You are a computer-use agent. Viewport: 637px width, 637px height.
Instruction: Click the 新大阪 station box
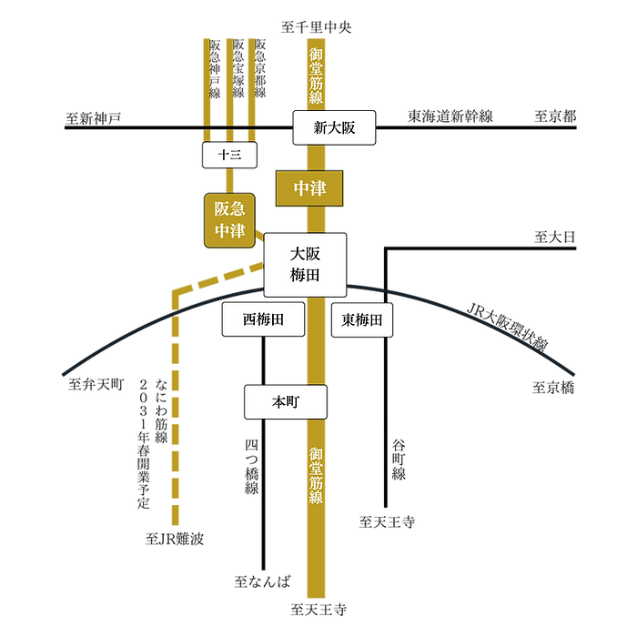pyautogui.click(x=334, y=127)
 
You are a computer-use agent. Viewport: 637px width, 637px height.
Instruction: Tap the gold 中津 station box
pyautogui.click(x=309, y=188)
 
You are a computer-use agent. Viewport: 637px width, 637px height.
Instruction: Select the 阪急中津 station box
pyautogui.click(x=229, y=220)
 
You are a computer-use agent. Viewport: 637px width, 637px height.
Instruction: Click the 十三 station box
pyautogui.click(x=229, y=155)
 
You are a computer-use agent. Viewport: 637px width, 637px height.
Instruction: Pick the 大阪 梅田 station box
pyautogui.click(x=305, y=265)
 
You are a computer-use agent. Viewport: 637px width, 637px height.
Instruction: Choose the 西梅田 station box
pyautogui.click(x=263, y=319)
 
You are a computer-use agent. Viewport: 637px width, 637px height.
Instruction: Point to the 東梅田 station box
pyautogui.click(x=362, y=319)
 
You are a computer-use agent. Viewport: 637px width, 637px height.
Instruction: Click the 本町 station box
pyautogui.click(x=286, y=402)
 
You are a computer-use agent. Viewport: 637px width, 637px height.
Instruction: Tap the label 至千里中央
pyautogui.click(x=316, y=27)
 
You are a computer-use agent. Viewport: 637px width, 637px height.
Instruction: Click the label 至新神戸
pyautogui.click(x=94, y=118)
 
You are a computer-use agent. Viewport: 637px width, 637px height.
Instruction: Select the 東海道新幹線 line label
pyautogui.click(x=450, y=116)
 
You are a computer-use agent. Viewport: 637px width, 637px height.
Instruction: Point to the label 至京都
pyautogui.click(x=555, y=116)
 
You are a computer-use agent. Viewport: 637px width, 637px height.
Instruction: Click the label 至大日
pyautogui.click(x=555, y=237)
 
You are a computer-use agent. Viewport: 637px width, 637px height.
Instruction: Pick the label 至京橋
pyautogui.click(x=553, y=388)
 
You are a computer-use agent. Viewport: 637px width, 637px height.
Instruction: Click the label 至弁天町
pyautogui.click(x=96, y=384)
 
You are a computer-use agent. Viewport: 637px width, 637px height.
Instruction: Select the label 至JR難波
pyautogui.click(x=175, y=539)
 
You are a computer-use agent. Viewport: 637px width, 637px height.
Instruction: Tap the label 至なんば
pyautogui.click(x=263, y=581)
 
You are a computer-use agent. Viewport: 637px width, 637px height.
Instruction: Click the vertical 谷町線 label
pyautogui.click(x=399, y=460)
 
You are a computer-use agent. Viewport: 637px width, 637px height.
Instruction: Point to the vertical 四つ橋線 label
pyautogui.click(x=252, y=466)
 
